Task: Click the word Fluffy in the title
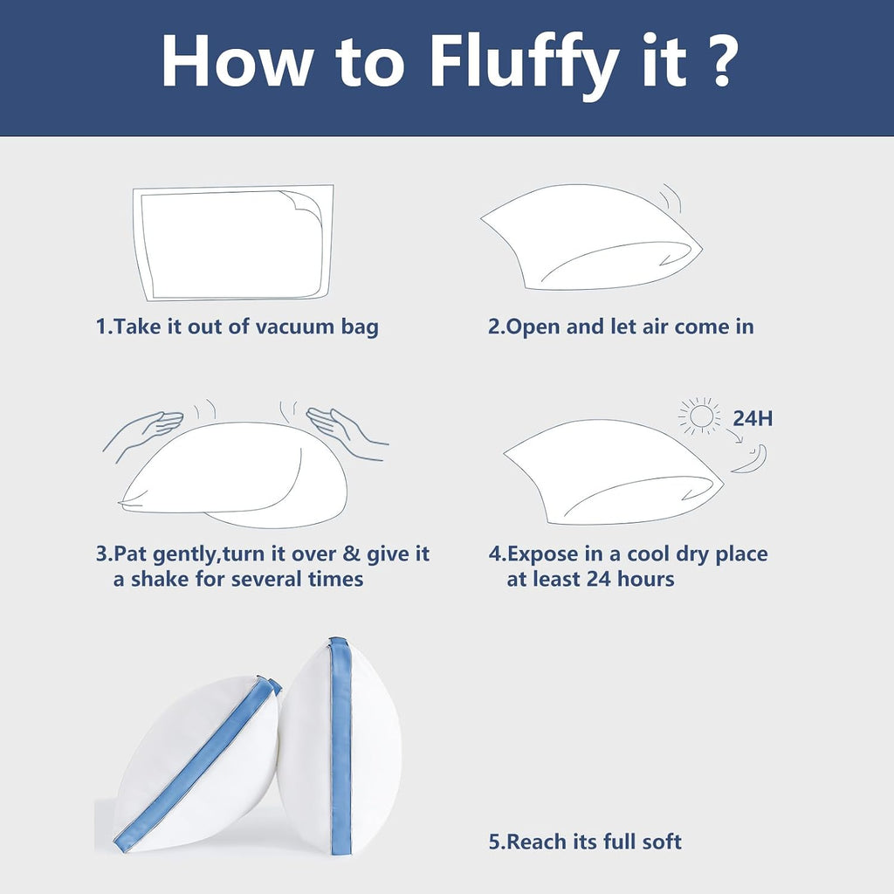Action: (524, 62)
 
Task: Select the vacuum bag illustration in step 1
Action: (232, 244)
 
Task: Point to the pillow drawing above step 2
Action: (591, 237)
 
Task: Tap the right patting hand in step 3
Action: (347, 433)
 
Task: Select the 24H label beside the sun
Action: (753, 418)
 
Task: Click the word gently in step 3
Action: (184, 554)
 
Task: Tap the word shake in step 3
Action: (157, 579)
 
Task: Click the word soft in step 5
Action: (662, 842)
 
